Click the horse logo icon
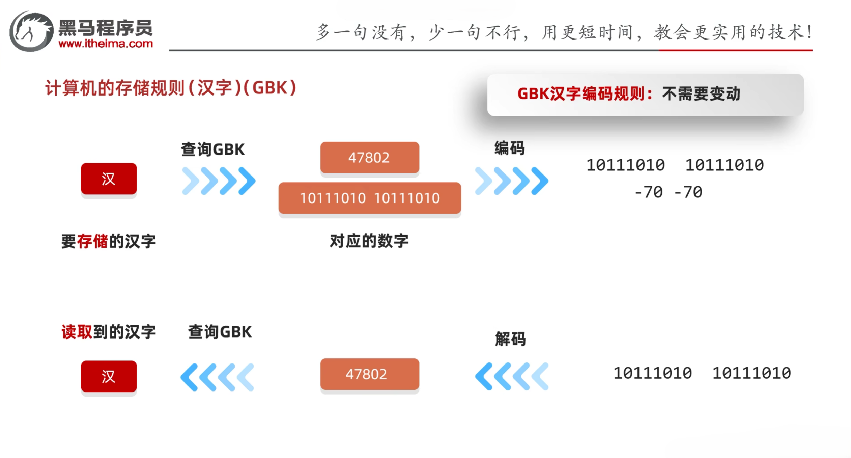pos(31,31)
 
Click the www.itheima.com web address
pos(106,44)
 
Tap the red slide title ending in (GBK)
pos(171,88)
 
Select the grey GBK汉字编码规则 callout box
pos(645,95)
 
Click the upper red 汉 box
pos(109,179)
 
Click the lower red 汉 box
pos(109,376)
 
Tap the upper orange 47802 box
pos(369,157)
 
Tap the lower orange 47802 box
pos(369,374)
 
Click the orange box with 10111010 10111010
pos(370,198)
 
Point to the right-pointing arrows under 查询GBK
pos(219,181)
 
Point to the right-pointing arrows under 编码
pos(511,181)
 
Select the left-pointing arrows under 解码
pos(511,376)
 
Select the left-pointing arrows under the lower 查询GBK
pos(217,377)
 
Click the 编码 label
pos(509,149)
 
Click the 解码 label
pos(510,339)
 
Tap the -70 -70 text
pos(668,192)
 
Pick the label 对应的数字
pos(369,241)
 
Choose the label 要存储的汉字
pos(108,241)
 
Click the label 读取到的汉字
pos(108,332)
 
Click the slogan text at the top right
pos(563,32)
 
